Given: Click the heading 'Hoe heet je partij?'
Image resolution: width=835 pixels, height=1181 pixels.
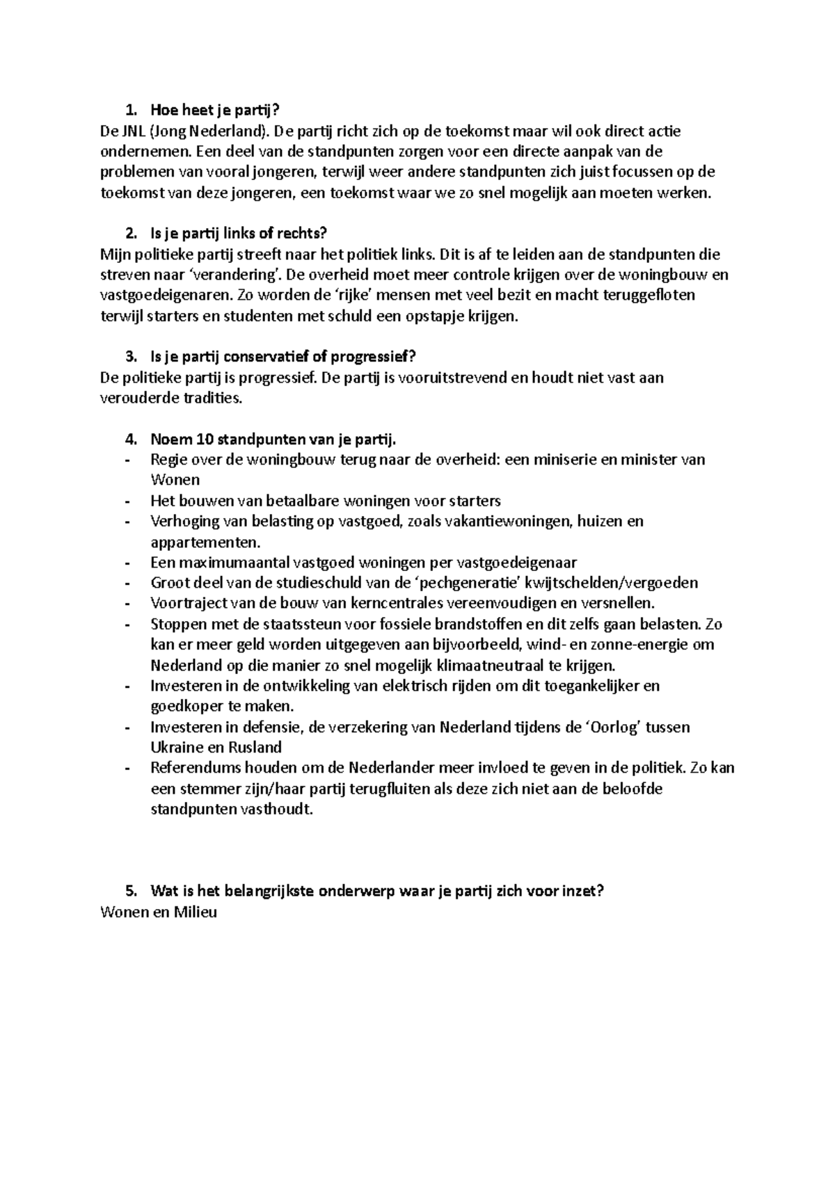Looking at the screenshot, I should [x=218, y=110].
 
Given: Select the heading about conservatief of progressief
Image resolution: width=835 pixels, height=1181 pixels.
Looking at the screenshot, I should [x=283, y=357].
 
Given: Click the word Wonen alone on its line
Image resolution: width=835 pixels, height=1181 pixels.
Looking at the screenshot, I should [x=175, y=480].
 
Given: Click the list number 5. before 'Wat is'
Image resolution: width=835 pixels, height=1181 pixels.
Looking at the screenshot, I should [x=130, y=892].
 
